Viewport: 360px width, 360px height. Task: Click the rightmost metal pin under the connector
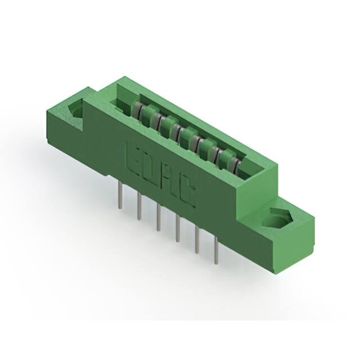[217, 251]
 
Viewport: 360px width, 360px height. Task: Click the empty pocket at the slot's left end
[119, 102]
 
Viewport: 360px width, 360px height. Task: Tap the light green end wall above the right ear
[256, 186]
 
